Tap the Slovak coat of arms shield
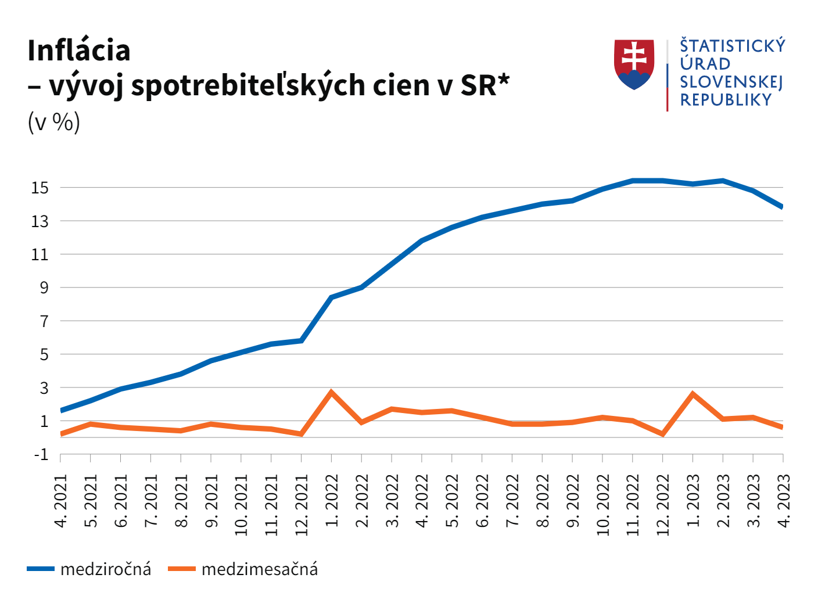(634, 64)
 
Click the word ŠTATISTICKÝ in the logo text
(733, 46)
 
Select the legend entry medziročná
(105, 569)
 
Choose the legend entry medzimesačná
(259, 569)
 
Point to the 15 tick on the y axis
(40, 188)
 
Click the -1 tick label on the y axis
(41, 454)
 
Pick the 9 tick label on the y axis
(44, 288)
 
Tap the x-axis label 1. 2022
(332, 501)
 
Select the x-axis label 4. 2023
(783, 501)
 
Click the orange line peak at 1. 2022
(331, 393)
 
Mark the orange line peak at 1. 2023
(693, 394)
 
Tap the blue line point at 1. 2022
(331, 297)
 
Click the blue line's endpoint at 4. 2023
(782, 206)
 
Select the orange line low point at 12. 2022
(662, 434)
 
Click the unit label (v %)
(53, 122)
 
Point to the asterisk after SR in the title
(504, 80)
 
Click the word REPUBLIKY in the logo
(726, 100)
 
